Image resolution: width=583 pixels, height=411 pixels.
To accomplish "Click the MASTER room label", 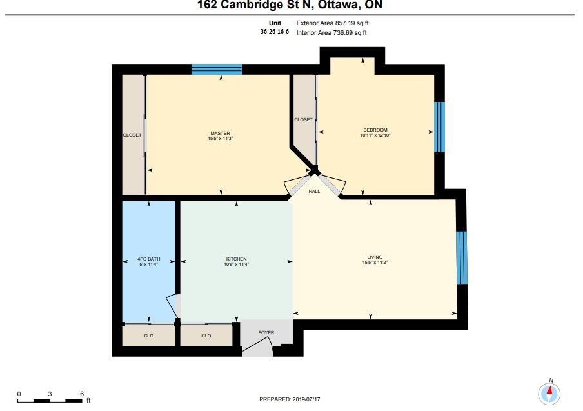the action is (x=220, y=133).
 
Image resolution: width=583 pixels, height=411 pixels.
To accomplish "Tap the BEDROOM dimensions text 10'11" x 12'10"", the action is (x=375, y=135).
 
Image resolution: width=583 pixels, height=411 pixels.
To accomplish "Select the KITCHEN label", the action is (x=237, y=259).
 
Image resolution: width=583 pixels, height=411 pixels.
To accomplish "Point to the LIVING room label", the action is (x=375, y=257).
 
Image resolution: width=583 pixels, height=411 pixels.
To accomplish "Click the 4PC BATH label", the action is (x=149, y=259).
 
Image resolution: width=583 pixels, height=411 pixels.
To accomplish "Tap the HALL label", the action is (x=314, y=191).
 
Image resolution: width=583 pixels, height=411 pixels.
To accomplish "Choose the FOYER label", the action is (x=266, y=332).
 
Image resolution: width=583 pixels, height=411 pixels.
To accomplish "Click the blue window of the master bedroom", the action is (x=217, y=70).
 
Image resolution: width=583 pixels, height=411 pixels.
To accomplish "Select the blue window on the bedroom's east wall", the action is (x=439, y=127).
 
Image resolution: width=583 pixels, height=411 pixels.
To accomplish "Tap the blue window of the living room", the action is (x=461, y=257).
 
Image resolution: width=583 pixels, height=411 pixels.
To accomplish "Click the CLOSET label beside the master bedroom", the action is (x=132, y=135).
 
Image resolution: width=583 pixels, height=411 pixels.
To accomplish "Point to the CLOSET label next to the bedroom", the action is (x=303, y=120).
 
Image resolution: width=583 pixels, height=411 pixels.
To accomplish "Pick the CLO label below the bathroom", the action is (x=149, y=336).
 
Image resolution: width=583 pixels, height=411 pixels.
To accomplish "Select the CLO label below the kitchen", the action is (x=206, y=336).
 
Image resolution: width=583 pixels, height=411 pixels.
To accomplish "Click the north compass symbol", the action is (x=549, y=393).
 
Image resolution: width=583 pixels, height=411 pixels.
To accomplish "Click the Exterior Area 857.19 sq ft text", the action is (x=332, y=23).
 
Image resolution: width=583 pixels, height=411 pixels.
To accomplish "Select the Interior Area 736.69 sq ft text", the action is (x=331, y=33).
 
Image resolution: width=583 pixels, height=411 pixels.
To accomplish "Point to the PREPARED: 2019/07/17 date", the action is (x=290, y=399).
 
